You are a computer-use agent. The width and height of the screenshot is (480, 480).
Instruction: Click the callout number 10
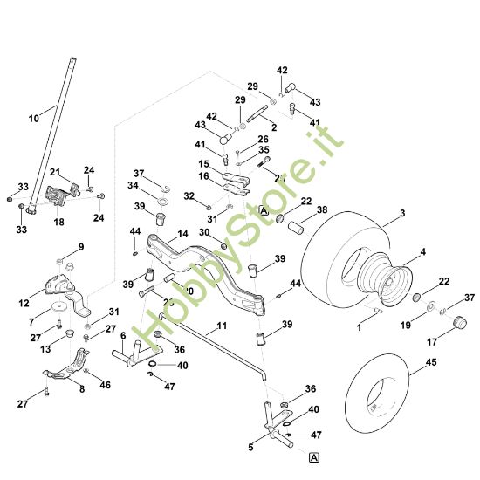33,116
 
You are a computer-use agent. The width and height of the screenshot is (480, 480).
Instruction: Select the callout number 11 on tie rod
221,326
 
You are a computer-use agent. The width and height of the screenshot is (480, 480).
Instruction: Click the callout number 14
182,234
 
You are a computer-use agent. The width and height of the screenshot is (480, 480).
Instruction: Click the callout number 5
251,448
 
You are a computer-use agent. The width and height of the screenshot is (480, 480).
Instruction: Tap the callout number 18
59,223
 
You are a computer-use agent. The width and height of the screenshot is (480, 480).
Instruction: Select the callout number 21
54,172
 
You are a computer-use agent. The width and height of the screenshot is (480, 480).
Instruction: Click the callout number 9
81,247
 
